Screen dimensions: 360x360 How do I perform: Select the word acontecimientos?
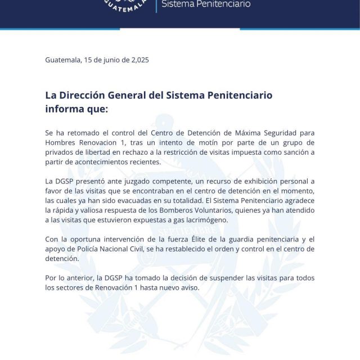click(x=100, y=161)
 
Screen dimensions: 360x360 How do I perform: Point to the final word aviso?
click(x=188, y=288)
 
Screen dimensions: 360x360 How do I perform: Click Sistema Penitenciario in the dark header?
click(x=206, y=4)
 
